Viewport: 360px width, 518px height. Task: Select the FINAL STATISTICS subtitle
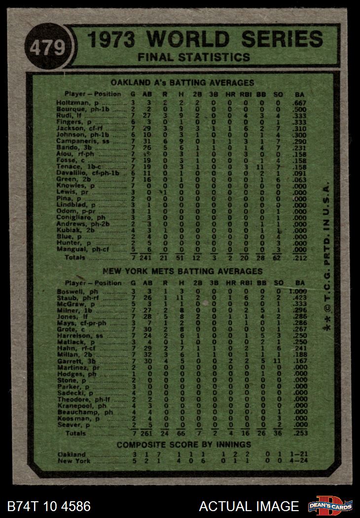(194, 58)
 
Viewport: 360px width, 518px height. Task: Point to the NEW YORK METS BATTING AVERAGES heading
(182, 271)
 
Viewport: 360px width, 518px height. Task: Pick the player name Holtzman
(80, 103)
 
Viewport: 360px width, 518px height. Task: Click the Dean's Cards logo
(330, 506)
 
